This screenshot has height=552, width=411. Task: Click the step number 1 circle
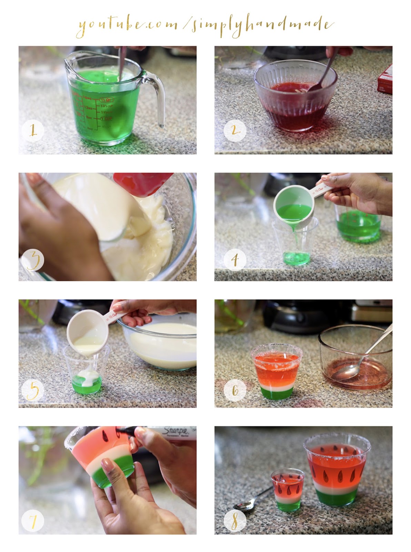[32, 131]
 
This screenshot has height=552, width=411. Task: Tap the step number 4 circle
[235, 259]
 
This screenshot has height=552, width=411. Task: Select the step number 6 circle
[235, 390]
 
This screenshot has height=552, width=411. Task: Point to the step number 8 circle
[235, 520]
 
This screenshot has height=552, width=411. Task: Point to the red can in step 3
[142, 184]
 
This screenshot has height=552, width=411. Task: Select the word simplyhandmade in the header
[262, 25]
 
